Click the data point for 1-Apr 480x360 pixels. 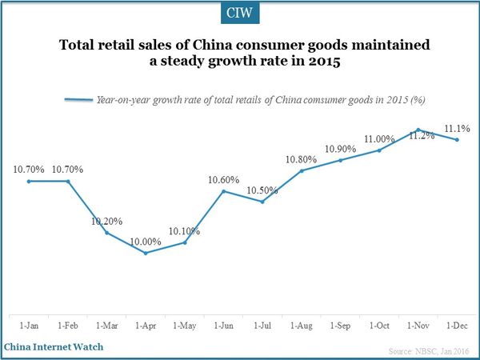click(x=145, y=253)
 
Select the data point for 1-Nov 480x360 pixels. click(x=418, y=130)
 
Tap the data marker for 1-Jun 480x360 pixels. click(x=223, y=191)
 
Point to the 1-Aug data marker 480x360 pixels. click(x=302, y=170)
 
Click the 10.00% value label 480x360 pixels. click(x=146, y=241)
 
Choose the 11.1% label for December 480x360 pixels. click(x=457, y=128)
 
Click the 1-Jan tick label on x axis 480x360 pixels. click(x=29, y=326)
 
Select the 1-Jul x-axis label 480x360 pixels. click(x=262, y=326)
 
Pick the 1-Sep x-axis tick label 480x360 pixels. click(x=341, y=326)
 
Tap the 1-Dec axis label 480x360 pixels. click(x=458, y=326)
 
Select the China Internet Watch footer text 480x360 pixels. click(x=54, y=347)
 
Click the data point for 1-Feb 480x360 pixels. click(x=68, y=182)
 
